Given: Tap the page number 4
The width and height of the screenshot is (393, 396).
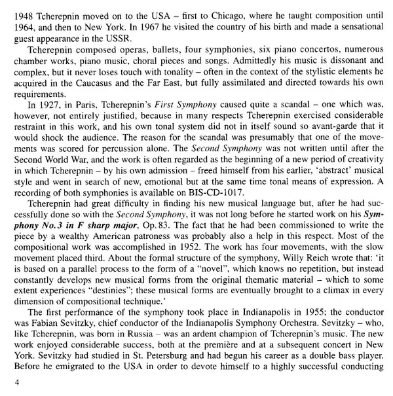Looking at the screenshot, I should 6,378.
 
